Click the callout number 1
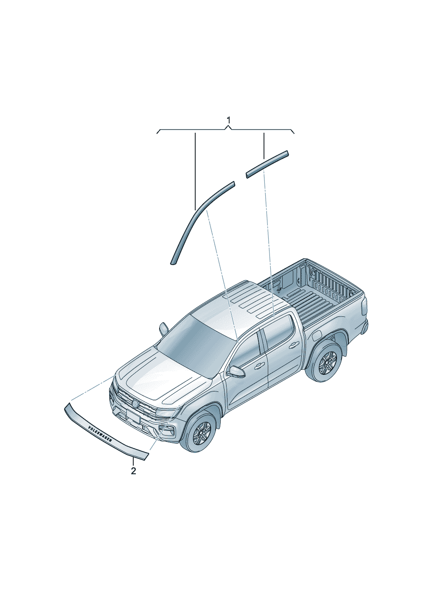point(228,120)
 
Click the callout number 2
point(133,471)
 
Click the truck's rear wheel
point(327,363)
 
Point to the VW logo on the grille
point(135,403)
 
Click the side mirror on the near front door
point(236,372)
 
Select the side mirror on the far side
point(163,328)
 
